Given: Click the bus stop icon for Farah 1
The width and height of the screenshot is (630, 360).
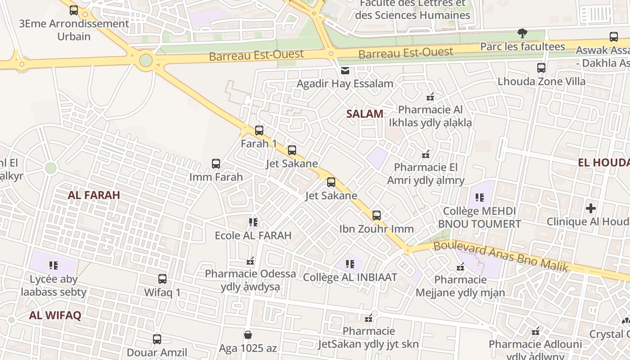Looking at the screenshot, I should (259, 130).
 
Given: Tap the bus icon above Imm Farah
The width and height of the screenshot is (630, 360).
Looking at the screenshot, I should (216, 164).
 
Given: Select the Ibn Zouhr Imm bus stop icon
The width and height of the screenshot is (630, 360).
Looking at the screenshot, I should (377, 216).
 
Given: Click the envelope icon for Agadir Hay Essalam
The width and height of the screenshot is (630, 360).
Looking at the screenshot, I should (345, 71).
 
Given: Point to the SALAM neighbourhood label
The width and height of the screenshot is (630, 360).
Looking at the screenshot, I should (365, 114).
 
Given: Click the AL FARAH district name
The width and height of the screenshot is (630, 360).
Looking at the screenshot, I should (94, 195).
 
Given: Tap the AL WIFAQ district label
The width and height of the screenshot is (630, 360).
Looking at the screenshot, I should (55, 315).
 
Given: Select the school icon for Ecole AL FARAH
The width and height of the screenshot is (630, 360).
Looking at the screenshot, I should (253, 222).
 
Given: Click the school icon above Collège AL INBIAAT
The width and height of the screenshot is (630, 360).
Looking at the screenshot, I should (350, 264).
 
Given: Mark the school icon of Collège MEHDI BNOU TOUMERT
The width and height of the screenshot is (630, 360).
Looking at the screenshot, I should (479, 198).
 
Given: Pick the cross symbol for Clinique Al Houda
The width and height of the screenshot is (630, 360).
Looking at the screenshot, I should (591, 208).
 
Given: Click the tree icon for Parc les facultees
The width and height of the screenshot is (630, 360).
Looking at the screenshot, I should (522, 33).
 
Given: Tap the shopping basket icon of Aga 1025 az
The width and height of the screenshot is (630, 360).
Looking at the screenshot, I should (247, 335).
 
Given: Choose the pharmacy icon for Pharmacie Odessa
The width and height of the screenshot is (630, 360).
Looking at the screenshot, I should (251, 261).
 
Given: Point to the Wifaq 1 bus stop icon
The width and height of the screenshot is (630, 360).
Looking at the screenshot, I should (162, 279).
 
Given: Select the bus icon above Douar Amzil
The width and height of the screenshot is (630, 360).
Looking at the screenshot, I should (157, 339).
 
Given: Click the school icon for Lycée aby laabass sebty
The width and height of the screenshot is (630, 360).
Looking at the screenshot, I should (54, 265).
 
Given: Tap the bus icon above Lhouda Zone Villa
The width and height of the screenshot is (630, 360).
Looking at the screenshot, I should (541, 68).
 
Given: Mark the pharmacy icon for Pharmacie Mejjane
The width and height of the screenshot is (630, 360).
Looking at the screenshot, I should (460, 267).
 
